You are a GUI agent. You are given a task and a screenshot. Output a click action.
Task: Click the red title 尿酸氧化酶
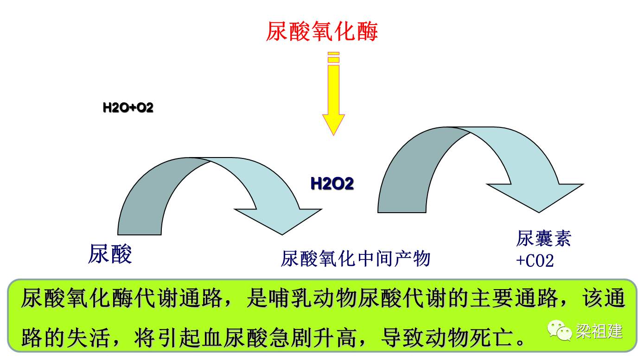[322, 32]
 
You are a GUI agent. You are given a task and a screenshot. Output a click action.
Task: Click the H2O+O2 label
[128, 108]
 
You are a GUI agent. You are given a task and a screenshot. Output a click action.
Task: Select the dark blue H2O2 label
[332, 184]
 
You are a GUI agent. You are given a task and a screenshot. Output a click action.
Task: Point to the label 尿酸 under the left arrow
[110, 254]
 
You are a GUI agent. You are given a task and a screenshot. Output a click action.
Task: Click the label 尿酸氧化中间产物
[356, 259]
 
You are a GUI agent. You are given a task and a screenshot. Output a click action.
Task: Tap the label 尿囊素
[543, 238]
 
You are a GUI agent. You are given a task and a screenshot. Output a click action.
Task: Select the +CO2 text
[535, 260]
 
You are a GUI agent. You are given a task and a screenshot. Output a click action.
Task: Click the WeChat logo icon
[560, 330]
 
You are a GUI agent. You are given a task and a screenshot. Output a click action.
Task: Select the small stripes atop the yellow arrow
[333, 57]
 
